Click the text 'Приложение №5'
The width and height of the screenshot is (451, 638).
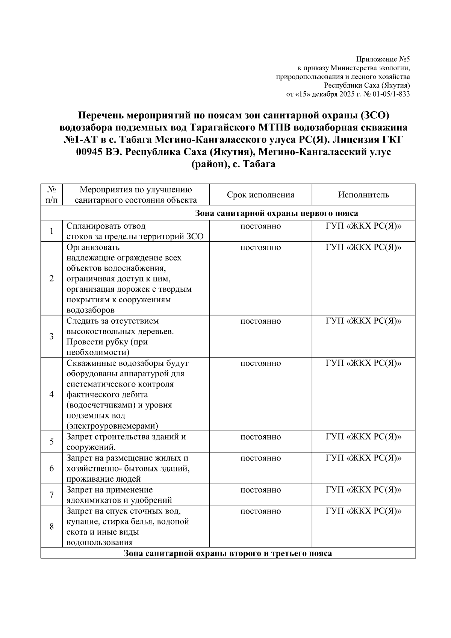pyautogui.click(x=383, y=59)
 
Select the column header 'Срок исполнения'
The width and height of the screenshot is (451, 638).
pyautogui.click(x=260, y=195)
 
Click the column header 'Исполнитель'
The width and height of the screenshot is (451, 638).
pyautogui.click(x=363, y=195)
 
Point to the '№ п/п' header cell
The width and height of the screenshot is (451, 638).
pyautogui.click(x=52, y=195)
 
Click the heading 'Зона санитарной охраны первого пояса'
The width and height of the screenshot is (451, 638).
pyautogui.click(x=277, y=214)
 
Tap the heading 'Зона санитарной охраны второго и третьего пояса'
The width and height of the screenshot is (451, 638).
pyautogui.click(x=228, y=553)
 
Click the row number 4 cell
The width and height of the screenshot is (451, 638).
pyautogui.click(x=52, y=394)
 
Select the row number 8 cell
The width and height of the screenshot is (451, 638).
pyautogui.click(x=52, y=526)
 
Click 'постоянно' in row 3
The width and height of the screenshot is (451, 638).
pyautogui.click(x=260, y=321)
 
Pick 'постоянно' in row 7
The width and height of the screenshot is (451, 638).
pyautogui.click(x=260, y=490)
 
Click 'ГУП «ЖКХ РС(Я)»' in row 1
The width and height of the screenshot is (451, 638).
pyautogui.click(x=363, y=226)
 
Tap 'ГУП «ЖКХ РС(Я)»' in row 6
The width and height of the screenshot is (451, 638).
pyautogui.click(x=363, y=458)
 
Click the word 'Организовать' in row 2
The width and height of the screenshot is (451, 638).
pyautogui.click(x=93, y=247)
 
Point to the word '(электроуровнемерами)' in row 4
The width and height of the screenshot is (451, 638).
pyautogui.click(x=112, y=426)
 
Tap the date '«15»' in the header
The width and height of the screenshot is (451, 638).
pyautogui.click(x=302, y=94)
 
